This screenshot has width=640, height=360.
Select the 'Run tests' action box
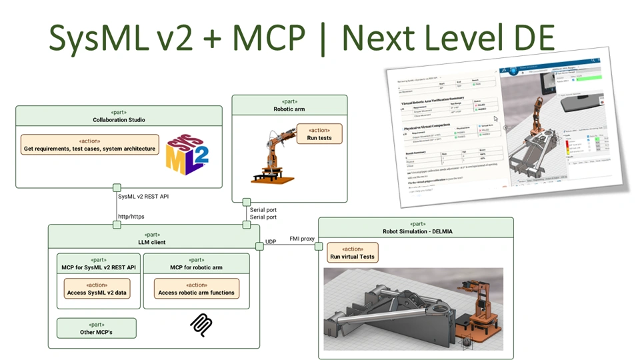point(319,133)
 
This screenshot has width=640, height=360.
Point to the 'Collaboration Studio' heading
point(119,119)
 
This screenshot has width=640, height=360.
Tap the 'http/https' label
point(131,216)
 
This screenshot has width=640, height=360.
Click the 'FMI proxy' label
point(303,239)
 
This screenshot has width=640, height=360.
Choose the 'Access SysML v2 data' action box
point(97,289)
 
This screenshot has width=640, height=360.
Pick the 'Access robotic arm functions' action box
point(196,289)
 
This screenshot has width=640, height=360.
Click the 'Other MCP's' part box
point(96,328)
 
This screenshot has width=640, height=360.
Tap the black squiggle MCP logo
point(201,325)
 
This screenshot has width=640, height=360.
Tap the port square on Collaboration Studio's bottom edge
point(117,187)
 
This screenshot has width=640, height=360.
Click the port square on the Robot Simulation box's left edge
point(319,247)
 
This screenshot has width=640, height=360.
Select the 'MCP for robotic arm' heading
point(196,267)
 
